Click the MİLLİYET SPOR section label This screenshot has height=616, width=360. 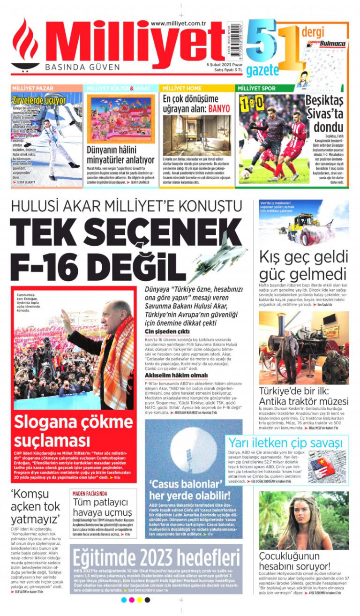click(256, 88)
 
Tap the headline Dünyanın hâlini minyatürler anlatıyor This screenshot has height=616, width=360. click(120, 155)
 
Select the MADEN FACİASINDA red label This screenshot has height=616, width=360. click(90, 494)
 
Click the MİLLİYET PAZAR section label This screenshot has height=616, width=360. click(33, 88)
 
